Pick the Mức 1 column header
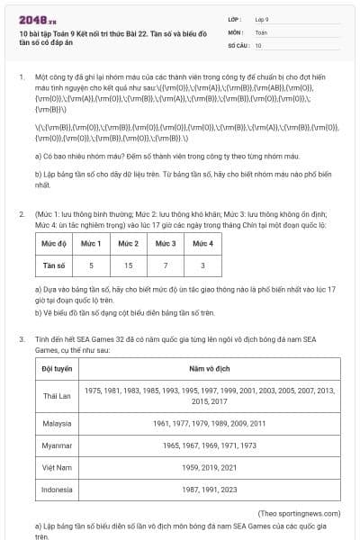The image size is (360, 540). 92,244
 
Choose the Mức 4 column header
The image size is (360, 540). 202,244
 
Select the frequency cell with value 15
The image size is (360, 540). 129,265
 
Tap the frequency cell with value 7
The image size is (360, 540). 166,265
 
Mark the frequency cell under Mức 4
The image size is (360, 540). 202,265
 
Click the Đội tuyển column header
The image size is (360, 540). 57,368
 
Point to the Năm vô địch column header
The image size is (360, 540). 210,368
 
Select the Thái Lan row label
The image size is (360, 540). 57,396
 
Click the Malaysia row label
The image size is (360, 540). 57,422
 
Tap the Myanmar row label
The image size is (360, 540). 57,445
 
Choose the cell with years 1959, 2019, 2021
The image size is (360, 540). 210,467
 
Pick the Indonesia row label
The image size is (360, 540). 57,490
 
